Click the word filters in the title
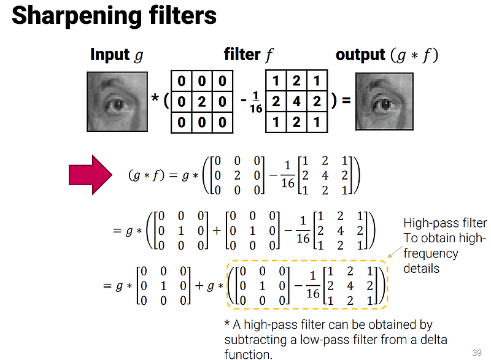(182, 16)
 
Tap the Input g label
(117, 55)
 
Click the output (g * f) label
(387, 55)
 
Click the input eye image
(117, 101)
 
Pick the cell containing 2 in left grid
(201, 101)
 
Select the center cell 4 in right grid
(296, 101)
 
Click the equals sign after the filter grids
(346, 101)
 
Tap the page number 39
(477, 352)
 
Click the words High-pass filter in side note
(445, 223)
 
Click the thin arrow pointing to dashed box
(395, 252)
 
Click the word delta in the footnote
(431, 339)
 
